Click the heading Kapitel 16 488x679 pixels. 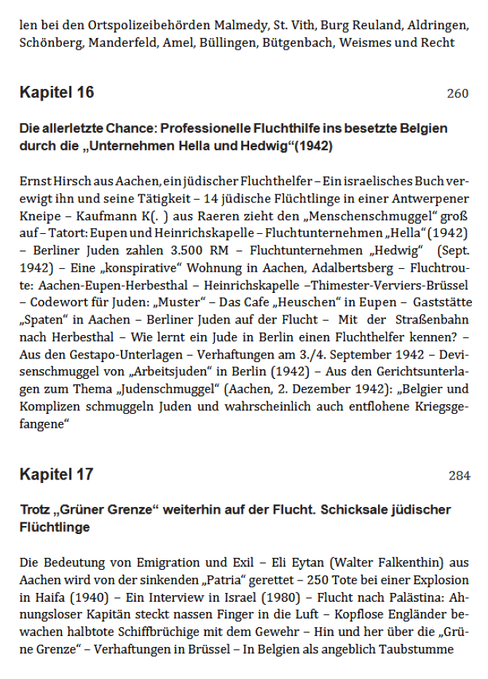(57, 93)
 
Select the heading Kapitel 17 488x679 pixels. (57, 474)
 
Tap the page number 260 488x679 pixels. (458, 94)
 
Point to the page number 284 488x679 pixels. (459, 476)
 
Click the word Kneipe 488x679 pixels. (39, 217)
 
